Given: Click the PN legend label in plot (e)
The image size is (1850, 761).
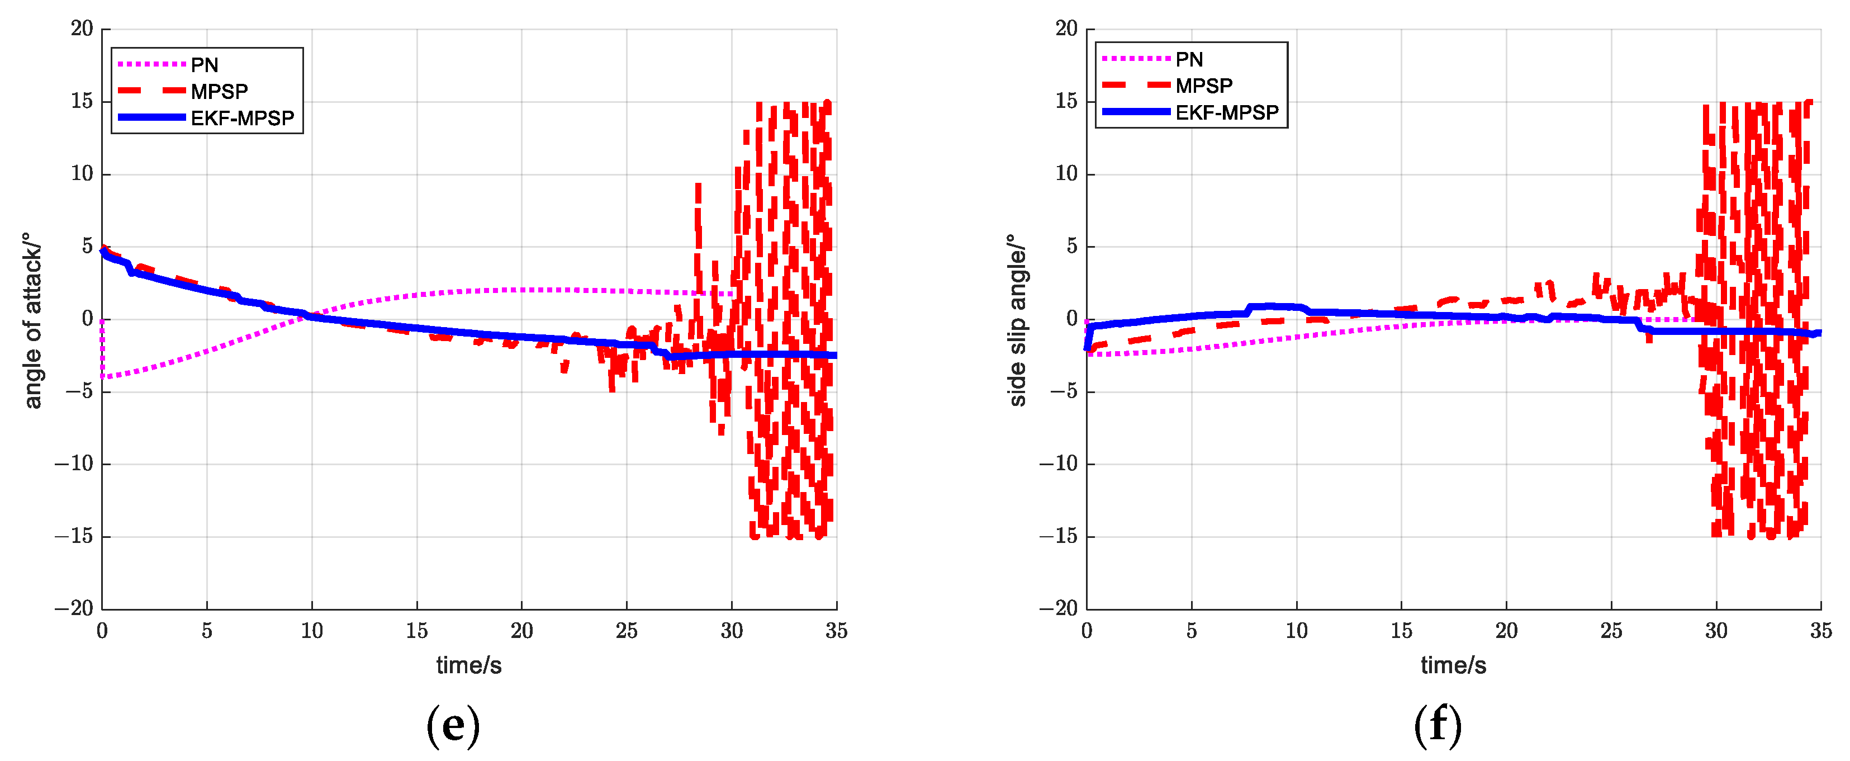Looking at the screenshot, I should [204, 65].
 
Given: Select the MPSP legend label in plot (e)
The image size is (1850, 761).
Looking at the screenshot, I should [219, 91].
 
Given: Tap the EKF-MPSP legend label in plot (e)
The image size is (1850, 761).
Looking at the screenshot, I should [242, 118].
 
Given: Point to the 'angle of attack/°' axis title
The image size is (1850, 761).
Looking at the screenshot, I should [32, 320].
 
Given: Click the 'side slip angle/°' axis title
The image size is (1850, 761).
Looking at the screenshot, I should [1016, 320].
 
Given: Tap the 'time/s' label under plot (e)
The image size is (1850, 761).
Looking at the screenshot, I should [468, 665].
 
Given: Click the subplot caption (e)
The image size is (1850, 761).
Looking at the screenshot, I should [453, 725].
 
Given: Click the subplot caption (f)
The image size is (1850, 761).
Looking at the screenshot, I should [1437, 725].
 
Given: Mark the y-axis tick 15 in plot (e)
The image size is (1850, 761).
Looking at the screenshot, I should [82, 101].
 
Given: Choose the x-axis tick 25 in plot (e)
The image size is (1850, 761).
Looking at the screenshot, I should [626, 631].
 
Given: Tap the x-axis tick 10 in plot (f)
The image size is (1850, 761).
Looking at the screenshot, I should [1296, 631].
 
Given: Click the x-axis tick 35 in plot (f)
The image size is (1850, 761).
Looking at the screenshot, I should [1820, 631].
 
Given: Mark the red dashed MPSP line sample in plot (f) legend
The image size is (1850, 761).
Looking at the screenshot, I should [1135, 86].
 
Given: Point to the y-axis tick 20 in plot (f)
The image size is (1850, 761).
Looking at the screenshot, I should [1066, 29].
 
